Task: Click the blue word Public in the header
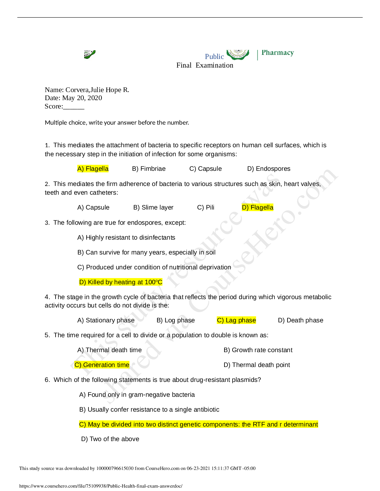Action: (x=214, y=56)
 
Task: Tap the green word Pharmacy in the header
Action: (x=278, y=53)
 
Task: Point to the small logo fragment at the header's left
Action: (x=92, y=55)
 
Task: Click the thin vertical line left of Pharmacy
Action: (x=257, y=55)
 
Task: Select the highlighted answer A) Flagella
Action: (x=93, y=169)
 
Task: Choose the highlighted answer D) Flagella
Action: (x=257, y=207)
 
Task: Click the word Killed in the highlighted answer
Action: (x=95, y=282)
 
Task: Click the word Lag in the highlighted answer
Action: (x=231, y=320)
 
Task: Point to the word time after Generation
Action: (x=123, y=365)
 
